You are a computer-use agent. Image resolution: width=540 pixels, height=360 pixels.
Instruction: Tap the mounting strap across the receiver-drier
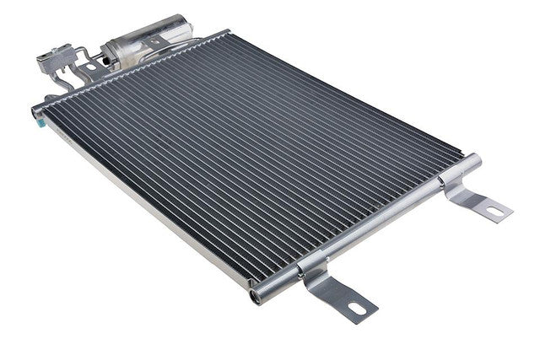(x=157, y=42)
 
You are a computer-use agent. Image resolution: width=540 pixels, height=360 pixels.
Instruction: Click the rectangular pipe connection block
(x=52, y=62)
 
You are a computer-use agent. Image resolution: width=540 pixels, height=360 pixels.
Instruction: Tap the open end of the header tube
(x=255, y=297)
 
